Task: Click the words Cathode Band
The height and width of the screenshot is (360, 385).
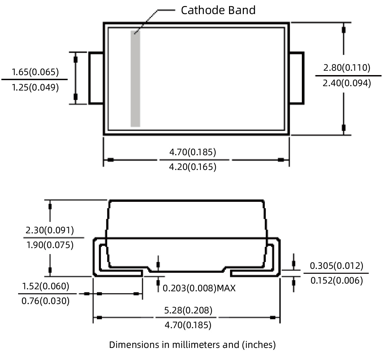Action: tap(218, 10)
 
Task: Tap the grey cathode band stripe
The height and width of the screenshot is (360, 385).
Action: tap(135, 79)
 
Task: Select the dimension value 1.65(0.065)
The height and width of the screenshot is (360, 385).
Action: tap(35, 72)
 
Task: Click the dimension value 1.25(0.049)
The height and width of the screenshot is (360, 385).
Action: tap(35, 87)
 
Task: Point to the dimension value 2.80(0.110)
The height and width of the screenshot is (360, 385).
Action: tap(347, 68)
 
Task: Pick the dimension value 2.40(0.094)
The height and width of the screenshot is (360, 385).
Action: tap(347, 83)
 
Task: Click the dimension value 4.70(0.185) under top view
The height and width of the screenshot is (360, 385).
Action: tap(192, 152)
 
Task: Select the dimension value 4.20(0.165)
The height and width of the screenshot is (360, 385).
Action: tap(192, 167)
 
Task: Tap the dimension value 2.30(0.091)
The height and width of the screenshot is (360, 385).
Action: tap(50, 230)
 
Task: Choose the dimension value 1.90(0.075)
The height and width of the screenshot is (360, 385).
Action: tap(50, 245)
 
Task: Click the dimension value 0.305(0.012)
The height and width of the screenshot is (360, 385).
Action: tap(336, 266)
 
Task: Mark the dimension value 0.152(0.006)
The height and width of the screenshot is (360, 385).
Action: tap(336, 281)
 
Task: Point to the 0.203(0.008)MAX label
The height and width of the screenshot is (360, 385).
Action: tap(199, 288)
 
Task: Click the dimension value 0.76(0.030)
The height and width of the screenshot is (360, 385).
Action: tap(46, 301)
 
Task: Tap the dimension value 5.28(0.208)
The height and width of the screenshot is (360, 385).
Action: tap(188, 310)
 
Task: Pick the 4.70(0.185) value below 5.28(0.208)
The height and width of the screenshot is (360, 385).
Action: tap(188, 325)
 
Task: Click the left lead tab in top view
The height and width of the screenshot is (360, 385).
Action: tap(96, 78)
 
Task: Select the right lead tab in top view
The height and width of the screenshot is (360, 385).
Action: tap(297, 78)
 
